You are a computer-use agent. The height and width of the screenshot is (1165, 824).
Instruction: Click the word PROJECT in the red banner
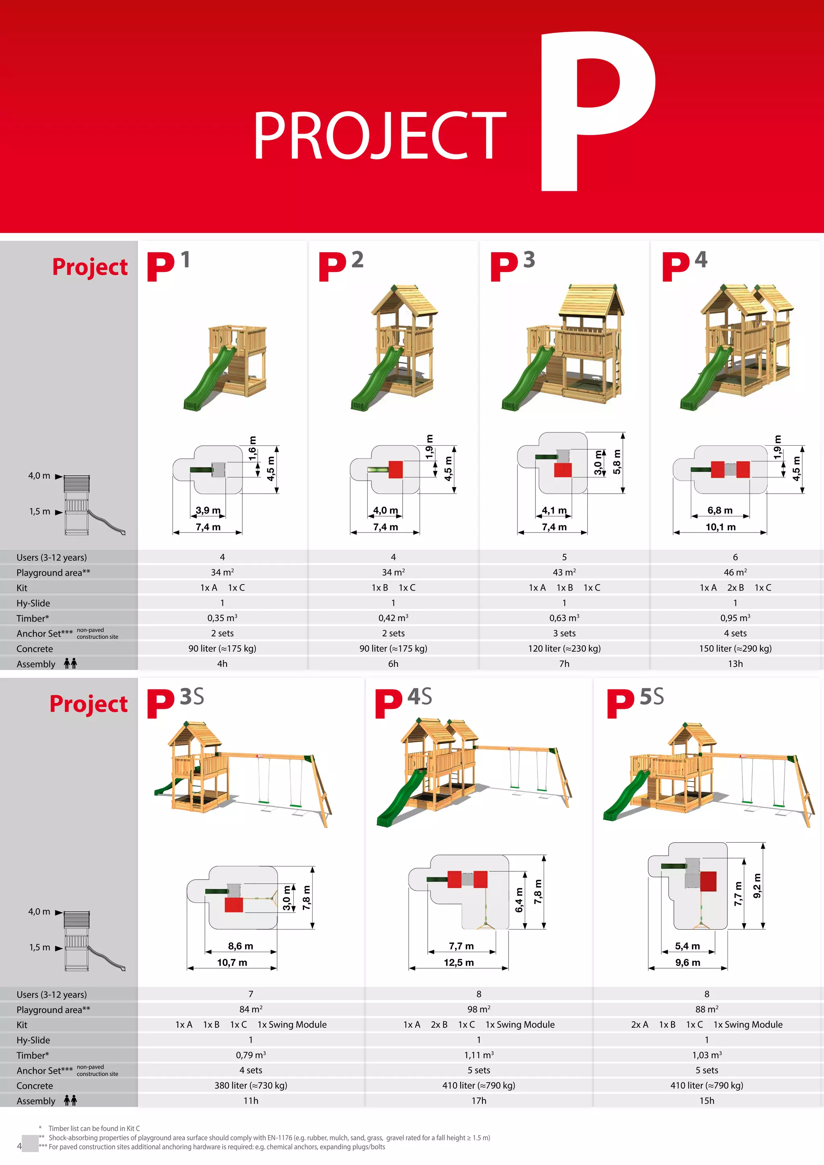point(379,136)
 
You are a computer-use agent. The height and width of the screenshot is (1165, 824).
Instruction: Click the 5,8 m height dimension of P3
point(617,462)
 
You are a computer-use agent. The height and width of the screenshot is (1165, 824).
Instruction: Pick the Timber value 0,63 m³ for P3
point(564,618)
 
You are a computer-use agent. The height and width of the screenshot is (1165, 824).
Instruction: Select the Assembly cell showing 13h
point(735,664)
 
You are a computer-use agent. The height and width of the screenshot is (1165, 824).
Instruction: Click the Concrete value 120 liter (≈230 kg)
point(564,648)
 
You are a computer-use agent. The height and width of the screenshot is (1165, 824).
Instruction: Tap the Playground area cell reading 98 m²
point(478,1009)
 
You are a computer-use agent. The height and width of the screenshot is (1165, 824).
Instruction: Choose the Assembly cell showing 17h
point(478,1101)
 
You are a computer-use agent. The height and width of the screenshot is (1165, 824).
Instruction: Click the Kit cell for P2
point(393,588)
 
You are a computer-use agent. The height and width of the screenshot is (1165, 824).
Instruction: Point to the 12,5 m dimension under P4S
point(459,963)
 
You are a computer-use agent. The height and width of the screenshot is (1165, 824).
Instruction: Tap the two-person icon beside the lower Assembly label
point(70,1100)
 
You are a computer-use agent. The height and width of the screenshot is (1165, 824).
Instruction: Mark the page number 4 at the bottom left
point(19,1146)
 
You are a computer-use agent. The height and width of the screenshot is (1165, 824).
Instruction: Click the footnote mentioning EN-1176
point(269,1138)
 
